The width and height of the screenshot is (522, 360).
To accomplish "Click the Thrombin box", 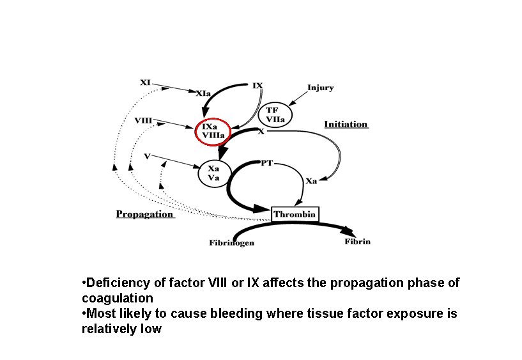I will (x=295, y=214).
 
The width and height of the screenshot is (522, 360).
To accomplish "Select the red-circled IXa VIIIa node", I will (x=213, y=130).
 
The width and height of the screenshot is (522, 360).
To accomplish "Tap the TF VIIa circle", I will (x=275, y=114).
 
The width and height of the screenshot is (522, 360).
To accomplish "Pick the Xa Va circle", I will (x=213, y=173).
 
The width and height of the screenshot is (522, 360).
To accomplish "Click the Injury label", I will (x=320, y=88).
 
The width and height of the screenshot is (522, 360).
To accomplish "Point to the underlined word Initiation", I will (x=346, y=124).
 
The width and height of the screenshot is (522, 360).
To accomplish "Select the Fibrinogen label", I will (x=231, y=242).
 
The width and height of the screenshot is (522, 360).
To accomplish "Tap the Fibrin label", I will (x=357, y=241).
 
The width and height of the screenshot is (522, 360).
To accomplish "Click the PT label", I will (x=267, y=163).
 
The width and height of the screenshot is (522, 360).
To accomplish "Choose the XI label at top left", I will (x=145, y=82).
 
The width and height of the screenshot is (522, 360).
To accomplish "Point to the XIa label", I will (x=203, y=93).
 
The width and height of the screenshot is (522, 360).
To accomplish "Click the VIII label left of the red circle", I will (x=143, y=120).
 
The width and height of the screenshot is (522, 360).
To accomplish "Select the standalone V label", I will (x=147, y=155).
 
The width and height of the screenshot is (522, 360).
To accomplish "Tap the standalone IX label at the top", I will (x=257, y=84).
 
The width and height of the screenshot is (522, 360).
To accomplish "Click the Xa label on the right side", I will (x=311, y=181).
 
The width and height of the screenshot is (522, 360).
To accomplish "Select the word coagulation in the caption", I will (x=118, y=298).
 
